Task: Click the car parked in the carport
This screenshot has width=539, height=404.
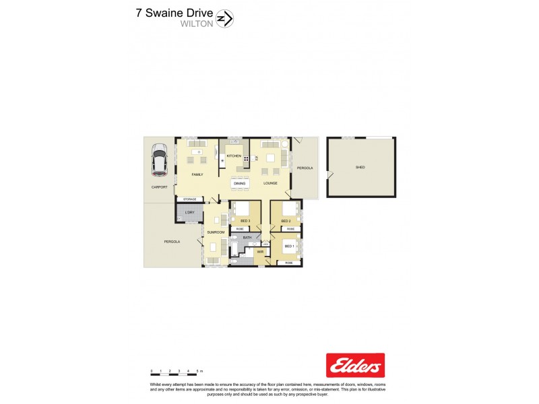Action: [x=160, y=160]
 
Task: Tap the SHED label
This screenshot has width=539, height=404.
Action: [x=360, y=167]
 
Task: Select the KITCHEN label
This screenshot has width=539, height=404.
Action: [x=234, y=156]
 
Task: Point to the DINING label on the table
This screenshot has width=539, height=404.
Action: [x=239, y=183]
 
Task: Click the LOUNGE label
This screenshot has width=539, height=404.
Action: [x=270, y=183]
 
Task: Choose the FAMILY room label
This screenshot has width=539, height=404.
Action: [x=197, y=174]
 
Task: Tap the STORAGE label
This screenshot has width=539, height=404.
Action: [x=190, y=199]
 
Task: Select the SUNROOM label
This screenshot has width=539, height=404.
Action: [x=215, y=232]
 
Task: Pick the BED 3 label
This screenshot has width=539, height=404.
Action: [x=245, y=221]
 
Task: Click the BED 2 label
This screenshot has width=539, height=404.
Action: [x=286, y=221]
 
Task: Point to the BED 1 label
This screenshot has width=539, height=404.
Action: [x=289, y=246]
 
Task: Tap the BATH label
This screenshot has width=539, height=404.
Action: [x=247, y=238]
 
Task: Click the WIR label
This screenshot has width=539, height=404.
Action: [x=259, y=252]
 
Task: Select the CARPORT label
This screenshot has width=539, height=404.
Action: [x=159, y=187]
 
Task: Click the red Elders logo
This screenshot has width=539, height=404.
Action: [x=355, y=365]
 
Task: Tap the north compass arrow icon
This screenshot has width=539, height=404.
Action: [x=227, y=19]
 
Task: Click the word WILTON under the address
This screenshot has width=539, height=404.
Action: [x=197, y=23]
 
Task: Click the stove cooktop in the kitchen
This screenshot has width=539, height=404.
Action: [x=247, y=159]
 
